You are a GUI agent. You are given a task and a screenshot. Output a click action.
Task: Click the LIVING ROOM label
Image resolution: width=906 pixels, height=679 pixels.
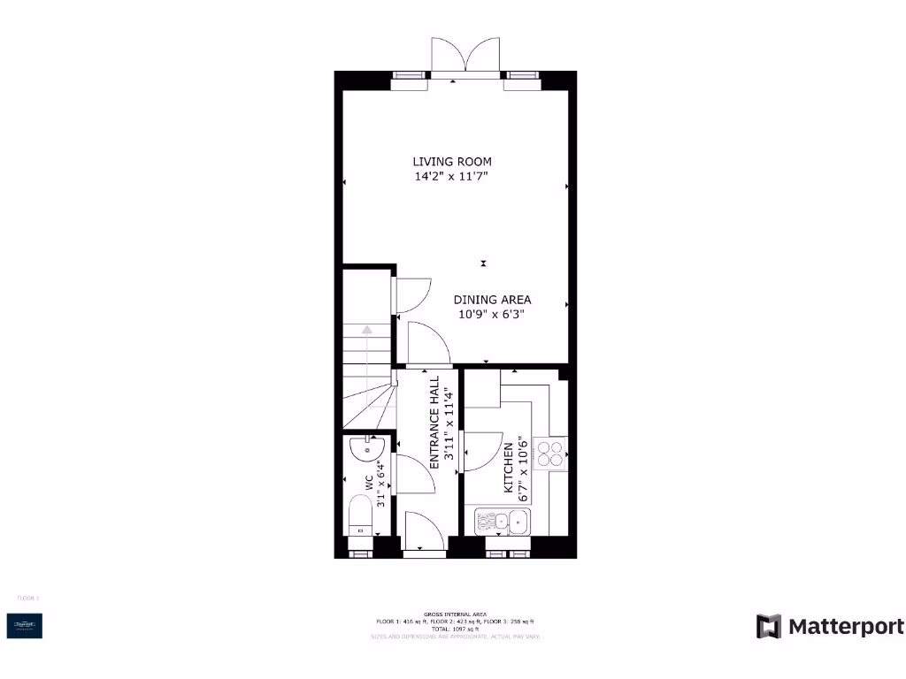[x=452, y=162]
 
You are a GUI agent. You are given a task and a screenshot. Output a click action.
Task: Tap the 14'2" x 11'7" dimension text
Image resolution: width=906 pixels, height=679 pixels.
[x=452, y=177]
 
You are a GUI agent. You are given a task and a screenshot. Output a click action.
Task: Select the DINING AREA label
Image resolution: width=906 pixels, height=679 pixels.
[x=493, y=300]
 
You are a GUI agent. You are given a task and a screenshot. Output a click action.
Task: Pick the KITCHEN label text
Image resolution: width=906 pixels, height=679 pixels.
[x=509, y=469]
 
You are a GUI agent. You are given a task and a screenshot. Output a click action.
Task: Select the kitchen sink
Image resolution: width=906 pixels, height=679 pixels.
[x=503, y=522]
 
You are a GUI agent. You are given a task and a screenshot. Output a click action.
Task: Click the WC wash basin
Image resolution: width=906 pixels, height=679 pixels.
[x=364, y=450]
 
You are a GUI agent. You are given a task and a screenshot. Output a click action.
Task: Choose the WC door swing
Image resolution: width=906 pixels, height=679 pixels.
[x=414, y=475]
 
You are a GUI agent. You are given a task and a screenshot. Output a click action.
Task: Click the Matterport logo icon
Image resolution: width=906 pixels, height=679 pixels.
[x=768, y=626]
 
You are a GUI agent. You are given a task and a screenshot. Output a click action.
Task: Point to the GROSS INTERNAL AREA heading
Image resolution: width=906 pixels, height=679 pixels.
[x=456, y=614]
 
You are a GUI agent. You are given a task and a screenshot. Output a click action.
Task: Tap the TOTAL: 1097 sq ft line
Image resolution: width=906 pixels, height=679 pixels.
[x=456, y=629]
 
